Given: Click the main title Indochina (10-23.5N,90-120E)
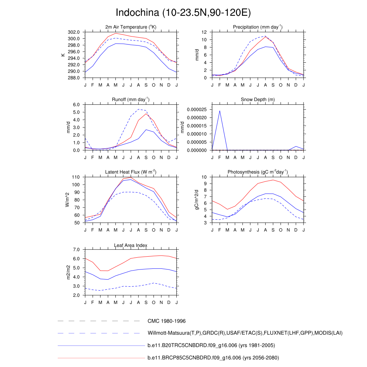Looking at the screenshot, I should click(183, 13).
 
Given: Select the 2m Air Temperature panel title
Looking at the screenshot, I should click(131, 27).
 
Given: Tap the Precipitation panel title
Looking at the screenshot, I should click(258, 27).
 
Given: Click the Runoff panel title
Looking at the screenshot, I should click(131, 99).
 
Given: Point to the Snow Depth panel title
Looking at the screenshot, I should click(258, 100).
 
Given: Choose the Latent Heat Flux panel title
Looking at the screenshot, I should click(131, 172).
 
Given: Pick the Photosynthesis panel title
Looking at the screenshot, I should click(258, 172).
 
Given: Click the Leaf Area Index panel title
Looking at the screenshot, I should click(131, 246).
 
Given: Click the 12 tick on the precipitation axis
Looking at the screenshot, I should click(204, 32).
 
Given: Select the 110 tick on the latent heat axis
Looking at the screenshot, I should click(77, 177).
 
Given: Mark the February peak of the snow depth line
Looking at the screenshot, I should click(220, 111).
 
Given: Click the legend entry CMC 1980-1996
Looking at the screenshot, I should click(166, 321).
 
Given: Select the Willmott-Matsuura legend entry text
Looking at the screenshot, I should click(245, 333).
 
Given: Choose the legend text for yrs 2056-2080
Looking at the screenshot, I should click(213, 358).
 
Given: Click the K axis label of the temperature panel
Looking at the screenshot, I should click(63, 55).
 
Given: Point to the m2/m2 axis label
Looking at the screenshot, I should click(68, 272).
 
